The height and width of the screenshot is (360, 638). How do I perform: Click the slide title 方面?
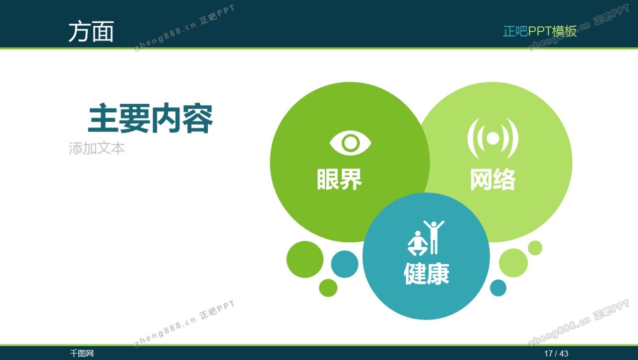point(91,31)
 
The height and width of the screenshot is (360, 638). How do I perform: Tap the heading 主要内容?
point(151,119)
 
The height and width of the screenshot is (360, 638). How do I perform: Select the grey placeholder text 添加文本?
point(97,149)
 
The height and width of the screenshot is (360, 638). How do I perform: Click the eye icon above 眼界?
point(350,143)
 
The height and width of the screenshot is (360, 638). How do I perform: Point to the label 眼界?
point(339,179)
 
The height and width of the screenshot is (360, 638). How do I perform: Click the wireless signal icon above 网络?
point(493,139)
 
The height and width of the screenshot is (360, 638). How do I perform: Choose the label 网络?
point(493,179)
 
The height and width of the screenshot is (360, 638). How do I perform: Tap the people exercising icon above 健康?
point(426,238)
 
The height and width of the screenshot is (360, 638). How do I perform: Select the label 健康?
point(426,273)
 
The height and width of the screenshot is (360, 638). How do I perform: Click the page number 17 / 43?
point(556,354)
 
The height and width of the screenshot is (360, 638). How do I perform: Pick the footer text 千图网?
point(82,354)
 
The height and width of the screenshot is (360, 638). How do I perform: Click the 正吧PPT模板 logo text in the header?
point(540,31)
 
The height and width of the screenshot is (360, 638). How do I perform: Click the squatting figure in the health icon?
point(418,243)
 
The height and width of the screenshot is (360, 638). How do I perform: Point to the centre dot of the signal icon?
point(493,139)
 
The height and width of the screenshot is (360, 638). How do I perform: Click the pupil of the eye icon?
point(350,143)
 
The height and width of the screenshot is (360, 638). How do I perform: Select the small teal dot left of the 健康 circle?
point(344,264)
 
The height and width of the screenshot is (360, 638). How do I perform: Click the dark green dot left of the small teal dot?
point(305,259)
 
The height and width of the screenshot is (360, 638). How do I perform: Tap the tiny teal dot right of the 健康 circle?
point(498,288)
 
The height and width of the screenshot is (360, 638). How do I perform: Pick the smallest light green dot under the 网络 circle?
point(535,248)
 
